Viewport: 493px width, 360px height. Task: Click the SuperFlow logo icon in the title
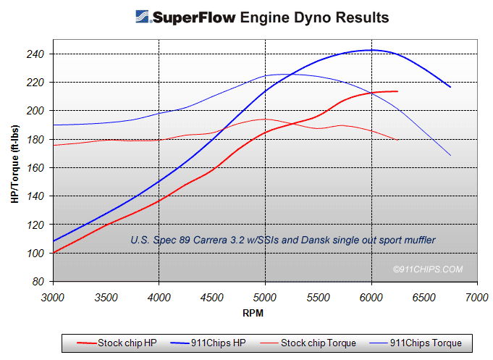coord(142,17)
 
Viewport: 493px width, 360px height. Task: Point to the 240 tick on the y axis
coord(35,54)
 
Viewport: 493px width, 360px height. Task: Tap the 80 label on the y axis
coord(38,281)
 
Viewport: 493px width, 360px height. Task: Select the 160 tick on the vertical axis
coord(35,168)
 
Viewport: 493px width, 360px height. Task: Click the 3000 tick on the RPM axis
coord(53,298)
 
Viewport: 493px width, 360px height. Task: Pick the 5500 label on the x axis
coord(319,298)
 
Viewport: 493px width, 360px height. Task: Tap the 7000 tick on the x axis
coord(477,298)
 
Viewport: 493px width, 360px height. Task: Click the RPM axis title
coord(253,313)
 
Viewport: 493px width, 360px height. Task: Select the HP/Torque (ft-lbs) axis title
coord(14,164)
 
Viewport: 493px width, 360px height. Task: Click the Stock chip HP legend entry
coord(117,343)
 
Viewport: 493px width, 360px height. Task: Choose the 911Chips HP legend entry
coord(208,343)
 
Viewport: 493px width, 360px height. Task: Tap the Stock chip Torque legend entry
coord(308,343)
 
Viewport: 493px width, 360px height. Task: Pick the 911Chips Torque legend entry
coord(416,343)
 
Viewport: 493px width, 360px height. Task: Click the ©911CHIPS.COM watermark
coord(428,269)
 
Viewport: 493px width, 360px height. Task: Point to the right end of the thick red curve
coord(397,91)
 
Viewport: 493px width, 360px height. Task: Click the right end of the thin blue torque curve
coord(450,155)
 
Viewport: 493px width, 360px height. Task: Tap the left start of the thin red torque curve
coord(54,145)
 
